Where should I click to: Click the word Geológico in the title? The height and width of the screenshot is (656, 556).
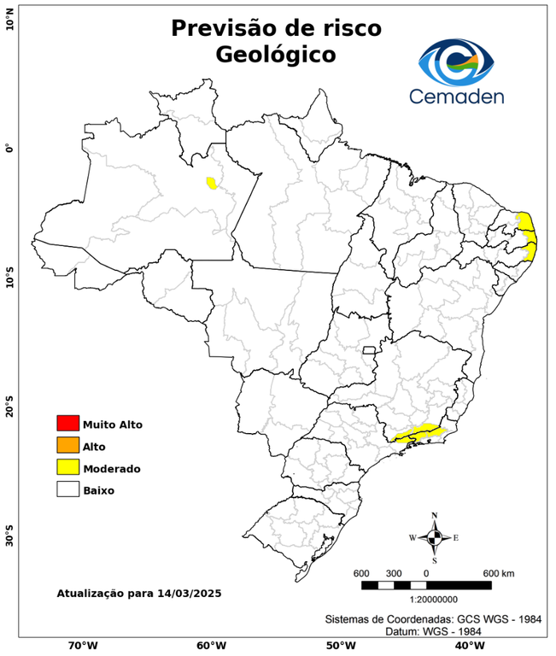(x=276, y=56)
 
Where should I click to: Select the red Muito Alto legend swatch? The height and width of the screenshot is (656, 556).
(x=67, y=424)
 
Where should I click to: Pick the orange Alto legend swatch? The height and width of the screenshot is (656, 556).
(x=67, y=446)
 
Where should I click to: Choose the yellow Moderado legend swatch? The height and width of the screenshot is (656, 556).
(x=67, y=468)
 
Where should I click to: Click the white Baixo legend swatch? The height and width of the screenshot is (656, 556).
(x=67, y=490)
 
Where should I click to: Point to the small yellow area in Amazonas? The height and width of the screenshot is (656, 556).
(x=211, y=183)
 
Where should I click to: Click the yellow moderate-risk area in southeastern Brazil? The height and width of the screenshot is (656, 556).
(x=418, y=433)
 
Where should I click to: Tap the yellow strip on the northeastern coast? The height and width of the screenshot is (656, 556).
(x=529, y=236)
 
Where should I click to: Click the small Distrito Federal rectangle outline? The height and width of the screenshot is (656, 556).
(x=370, y=350)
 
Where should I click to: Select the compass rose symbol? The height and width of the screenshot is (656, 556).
(x=434, y=537)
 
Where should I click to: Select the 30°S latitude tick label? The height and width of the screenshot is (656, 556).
(x=9, y=539)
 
